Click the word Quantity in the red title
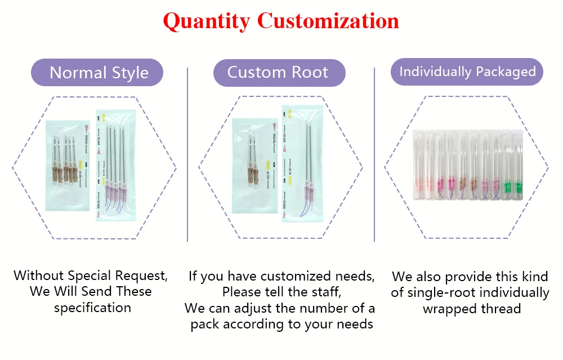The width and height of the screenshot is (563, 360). coord(207,21)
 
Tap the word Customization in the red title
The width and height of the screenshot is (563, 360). coord(328,21)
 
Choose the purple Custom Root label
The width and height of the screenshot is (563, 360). coord(279,73)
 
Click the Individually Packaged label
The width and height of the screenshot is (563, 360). coord(467,72)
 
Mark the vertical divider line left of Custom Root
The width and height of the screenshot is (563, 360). coord(187,155)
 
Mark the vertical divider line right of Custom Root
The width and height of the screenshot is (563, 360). coord(374,155)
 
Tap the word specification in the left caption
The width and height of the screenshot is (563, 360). coord(92,308)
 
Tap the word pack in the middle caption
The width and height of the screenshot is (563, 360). coord(204,324)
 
